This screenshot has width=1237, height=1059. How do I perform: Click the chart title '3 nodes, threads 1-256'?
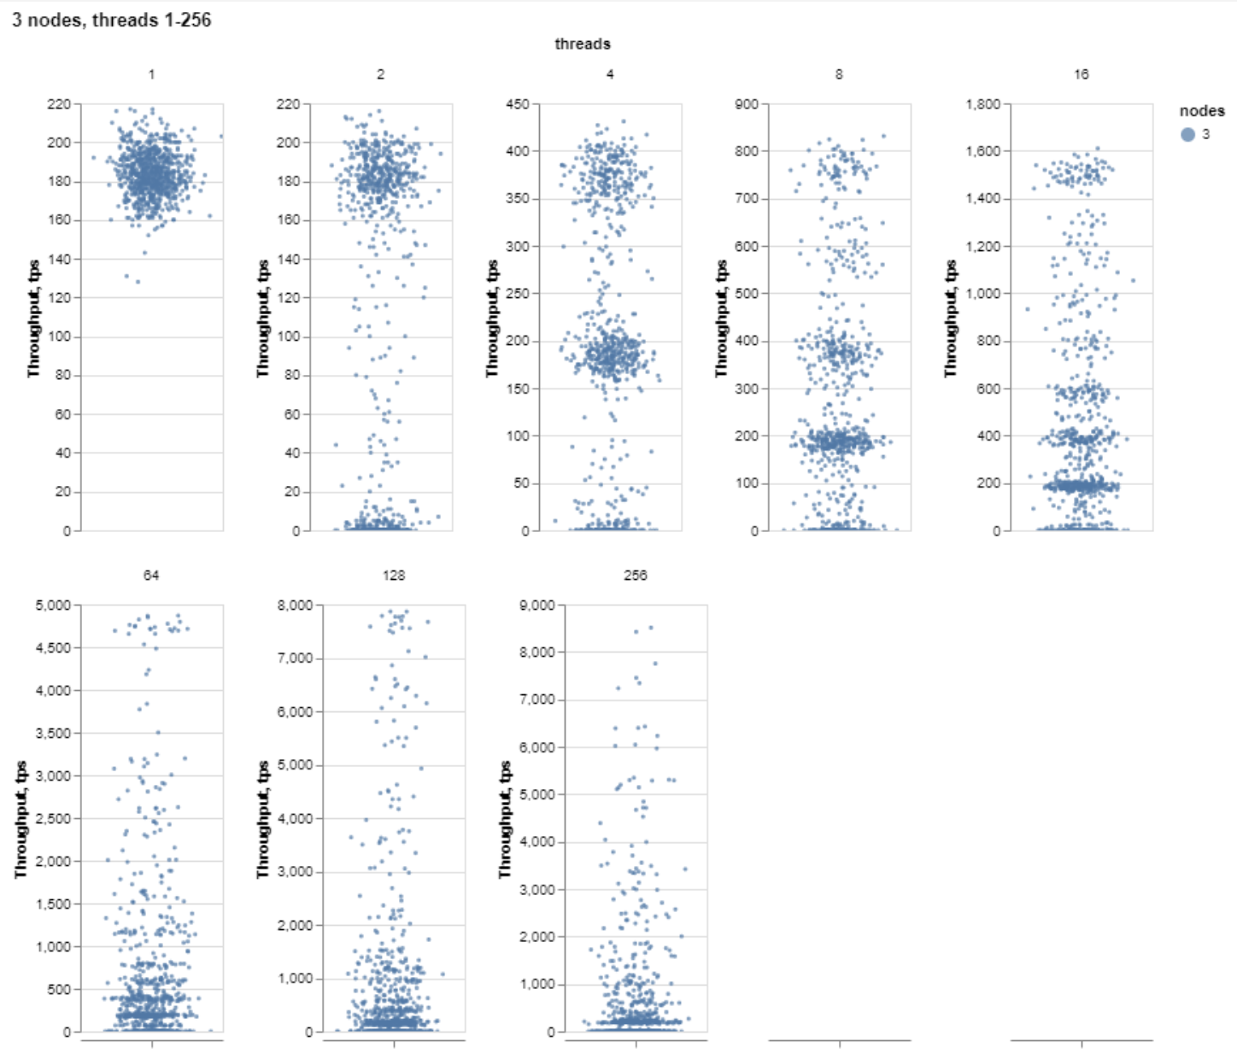111,20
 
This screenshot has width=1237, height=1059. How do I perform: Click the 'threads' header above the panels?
582,44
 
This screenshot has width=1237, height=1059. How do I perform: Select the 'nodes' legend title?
1201,111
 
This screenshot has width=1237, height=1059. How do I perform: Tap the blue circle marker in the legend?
1187,134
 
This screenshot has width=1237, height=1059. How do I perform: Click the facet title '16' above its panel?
1081,74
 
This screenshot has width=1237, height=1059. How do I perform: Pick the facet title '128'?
393,576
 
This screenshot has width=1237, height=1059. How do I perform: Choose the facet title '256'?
635,576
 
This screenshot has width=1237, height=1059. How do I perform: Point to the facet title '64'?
150,576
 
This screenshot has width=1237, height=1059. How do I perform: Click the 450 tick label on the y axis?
518,104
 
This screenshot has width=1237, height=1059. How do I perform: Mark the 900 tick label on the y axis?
747,104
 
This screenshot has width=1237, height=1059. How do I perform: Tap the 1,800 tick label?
982,104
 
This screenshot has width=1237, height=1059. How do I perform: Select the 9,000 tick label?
537,606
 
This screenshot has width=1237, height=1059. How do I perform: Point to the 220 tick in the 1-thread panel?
59,104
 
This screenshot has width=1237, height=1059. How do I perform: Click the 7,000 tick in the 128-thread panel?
296,658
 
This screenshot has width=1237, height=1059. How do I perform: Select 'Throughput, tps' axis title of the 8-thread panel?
721,319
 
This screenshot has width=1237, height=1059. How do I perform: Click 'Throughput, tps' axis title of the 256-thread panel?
505,819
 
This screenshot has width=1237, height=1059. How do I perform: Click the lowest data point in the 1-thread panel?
138,281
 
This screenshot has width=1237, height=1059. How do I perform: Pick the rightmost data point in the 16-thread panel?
1133,280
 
